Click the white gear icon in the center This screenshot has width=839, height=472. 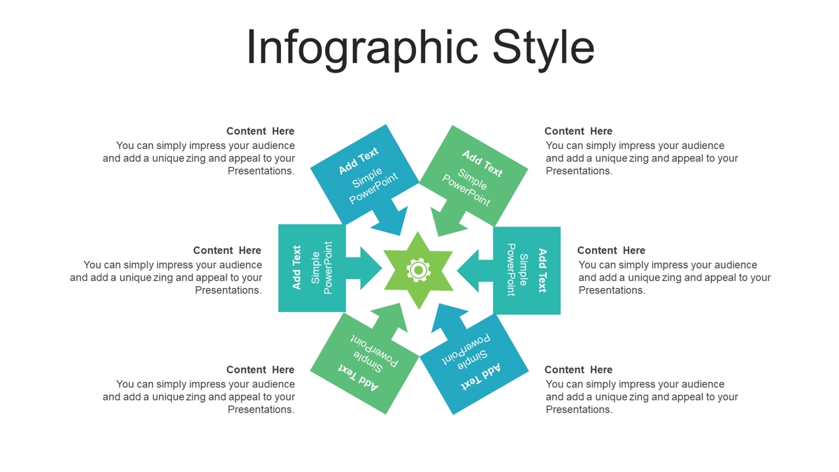pos(418,270)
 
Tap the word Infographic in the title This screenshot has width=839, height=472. pos(362,49)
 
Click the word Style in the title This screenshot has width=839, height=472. pos(543,49)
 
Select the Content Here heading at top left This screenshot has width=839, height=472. pos(260,131)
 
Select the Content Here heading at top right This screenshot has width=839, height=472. pos(578,131)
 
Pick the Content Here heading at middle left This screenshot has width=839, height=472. pos(227,250)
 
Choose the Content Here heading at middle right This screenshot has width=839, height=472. pos(611,250)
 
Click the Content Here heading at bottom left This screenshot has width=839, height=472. pos(260,370)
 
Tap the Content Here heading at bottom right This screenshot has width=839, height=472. pos(578,370)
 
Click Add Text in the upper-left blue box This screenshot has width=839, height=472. pos(359,161)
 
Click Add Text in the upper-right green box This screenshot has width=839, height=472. pos(482,164)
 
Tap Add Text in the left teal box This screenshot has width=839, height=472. pos(296,267)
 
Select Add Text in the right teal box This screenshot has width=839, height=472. pos(543,271)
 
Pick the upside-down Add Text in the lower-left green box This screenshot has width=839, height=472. pos(359,377)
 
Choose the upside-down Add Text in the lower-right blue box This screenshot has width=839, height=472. pos(480,376)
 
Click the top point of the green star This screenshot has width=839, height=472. pos(418,232)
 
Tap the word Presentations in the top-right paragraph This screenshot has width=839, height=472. pos(578,171)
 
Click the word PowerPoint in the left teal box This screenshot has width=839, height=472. pos(328,267)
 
